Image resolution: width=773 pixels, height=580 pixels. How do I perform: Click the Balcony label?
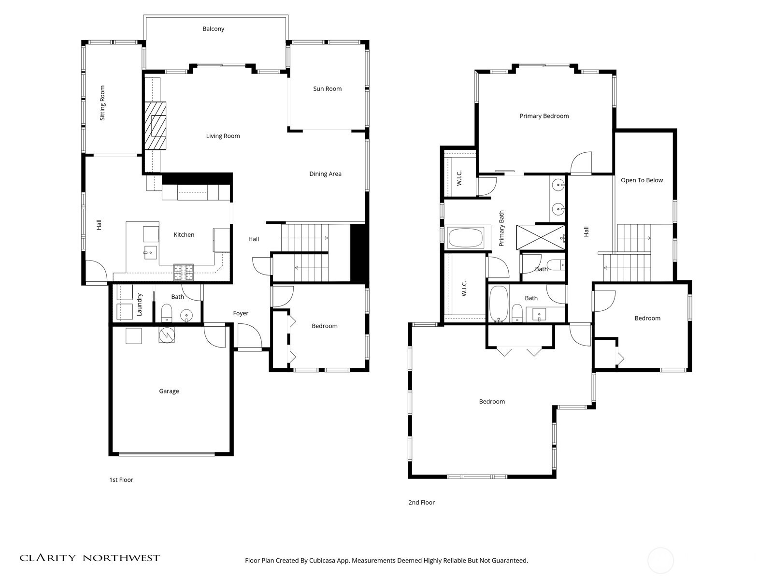click(x=213, y=29)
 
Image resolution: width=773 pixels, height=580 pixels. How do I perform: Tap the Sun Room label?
click(x=327, y=89)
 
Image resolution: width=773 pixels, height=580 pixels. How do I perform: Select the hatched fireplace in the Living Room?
click(x=155, y=126)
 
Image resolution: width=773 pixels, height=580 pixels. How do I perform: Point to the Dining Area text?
click(x=325, y=174)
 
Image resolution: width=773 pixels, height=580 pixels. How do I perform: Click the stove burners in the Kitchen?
click(x=184, y=272)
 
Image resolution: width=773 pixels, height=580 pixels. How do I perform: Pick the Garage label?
click(x=169, y=391)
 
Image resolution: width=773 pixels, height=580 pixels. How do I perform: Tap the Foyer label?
click(x=241, y=313)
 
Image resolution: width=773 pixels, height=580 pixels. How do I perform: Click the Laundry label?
click(x=139, y=304)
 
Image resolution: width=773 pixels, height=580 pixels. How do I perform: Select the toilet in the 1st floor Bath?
click(x=166, y=313)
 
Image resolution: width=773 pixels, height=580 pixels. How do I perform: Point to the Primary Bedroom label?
click(x=544, y=116)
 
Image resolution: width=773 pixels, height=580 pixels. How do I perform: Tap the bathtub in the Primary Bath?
click(x=466, y=238)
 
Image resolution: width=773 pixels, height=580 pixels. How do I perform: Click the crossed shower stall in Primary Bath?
click(x=541, y=237)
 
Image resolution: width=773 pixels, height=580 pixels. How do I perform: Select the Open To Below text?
click(x=642, y=180)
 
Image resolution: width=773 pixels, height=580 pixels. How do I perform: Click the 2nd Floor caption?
click(x=422, y=503)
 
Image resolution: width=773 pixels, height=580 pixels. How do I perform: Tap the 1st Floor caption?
click(x=121, y=479)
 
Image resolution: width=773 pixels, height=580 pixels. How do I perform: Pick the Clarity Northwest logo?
click(x=90, y=558)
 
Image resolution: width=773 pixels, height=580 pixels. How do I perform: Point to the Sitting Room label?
click(x=102, y=103)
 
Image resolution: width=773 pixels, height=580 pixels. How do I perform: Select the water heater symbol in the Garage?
click(x=167, y=335)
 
